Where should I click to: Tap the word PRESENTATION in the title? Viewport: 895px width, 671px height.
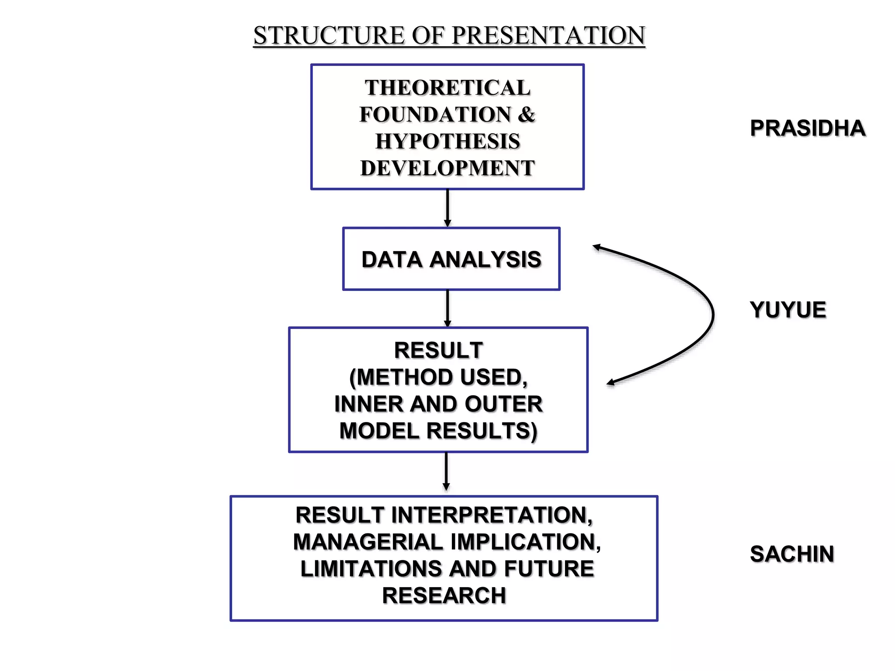coord(548,35)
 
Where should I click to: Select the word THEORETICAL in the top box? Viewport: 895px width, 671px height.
coord(447,87)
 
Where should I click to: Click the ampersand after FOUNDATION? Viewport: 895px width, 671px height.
coord(527,114)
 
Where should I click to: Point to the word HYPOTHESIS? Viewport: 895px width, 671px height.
coord(447,142)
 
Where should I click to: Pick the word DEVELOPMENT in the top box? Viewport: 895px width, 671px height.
coord(447,168)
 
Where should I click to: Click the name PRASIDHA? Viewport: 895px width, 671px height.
coord(808,128)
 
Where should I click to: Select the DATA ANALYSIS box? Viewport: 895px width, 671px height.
coord(451,259)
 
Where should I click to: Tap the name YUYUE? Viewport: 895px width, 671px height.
coord(788,310)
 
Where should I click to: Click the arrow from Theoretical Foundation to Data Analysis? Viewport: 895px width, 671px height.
coord(447,208)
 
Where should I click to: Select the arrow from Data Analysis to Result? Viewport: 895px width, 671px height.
coord(447,308)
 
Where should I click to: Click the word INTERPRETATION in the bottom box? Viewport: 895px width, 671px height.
coord(492,515)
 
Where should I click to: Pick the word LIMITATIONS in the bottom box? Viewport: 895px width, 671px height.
coord(371,569)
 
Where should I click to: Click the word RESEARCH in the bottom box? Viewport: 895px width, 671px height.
coord(444,596)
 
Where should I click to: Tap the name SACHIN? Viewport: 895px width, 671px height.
coord(792,554)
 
